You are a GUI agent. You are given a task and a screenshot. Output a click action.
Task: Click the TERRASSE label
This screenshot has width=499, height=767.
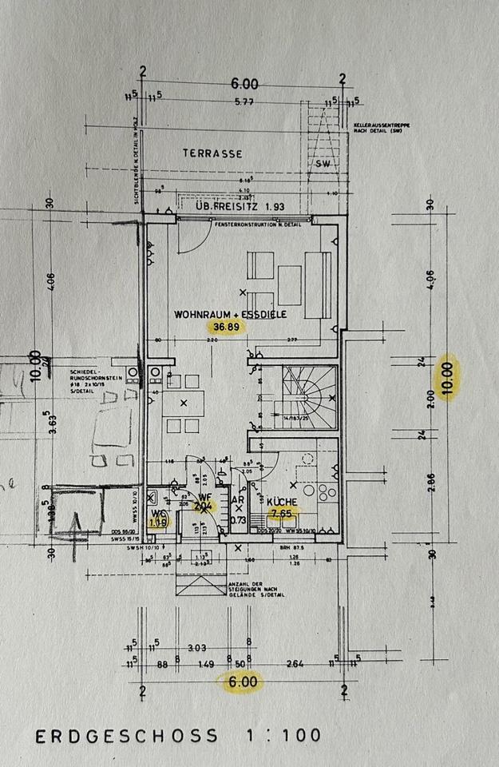(x=212, y=153)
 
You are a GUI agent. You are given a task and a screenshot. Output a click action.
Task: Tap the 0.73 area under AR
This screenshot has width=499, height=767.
(x=237, y=519)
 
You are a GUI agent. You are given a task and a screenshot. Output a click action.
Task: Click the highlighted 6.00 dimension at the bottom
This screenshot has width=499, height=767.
(x=244, y=682)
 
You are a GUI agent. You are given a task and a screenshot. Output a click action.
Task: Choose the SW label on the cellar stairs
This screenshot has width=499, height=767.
(x=323, y=163)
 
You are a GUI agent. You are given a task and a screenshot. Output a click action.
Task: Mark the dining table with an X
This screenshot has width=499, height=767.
(x=184, y=404)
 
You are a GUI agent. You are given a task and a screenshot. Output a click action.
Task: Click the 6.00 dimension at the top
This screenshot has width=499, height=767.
(x=245, y=83)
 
